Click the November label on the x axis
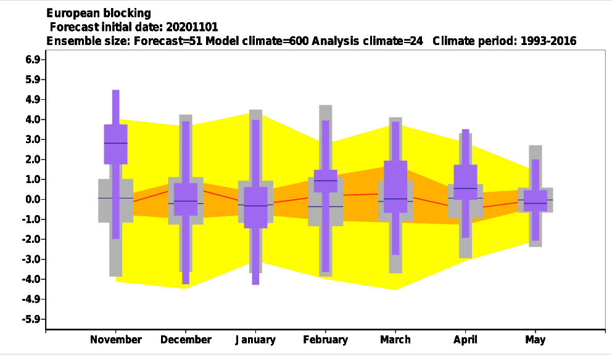click(x=115, y=340)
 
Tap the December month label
click(x=186, y=340)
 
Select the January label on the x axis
click(x=255, y=340)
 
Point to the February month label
click(x=326, y=340)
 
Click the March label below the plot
click(x=395, y=340)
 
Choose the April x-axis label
click(x=465, y=340)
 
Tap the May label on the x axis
click(x=535, y=340)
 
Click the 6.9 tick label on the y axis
click(x=33, y=60)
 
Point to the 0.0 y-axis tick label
click(x=33, y=199)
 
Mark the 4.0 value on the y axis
click(x=33, y=120)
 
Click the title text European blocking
click(x=99, y=14)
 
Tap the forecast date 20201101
click(x=192, y=27)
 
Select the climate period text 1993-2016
click(x=548, y=41)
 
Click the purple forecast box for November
click(x=115, y=144)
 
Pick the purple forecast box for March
click(x=395, y=186)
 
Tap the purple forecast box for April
click(x=465, y=182)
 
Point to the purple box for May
click(x=535, y=200)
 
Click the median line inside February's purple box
click(x=326, y=181)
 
